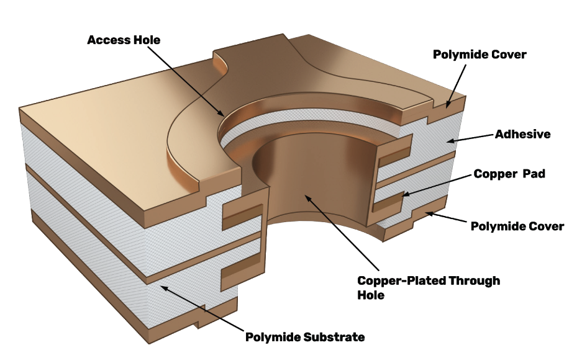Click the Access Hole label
[124, 40]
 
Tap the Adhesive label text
[522, 134]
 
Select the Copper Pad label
[509, 174]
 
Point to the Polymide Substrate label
[304, 338]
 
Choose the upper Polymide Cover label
[480, 55]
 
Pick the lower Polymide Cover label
[517, 226]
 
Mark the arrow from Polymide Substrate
[199, 310]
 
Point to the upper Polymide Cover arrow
[457, 84]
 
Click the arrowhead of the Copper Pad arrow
[405, 195]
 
